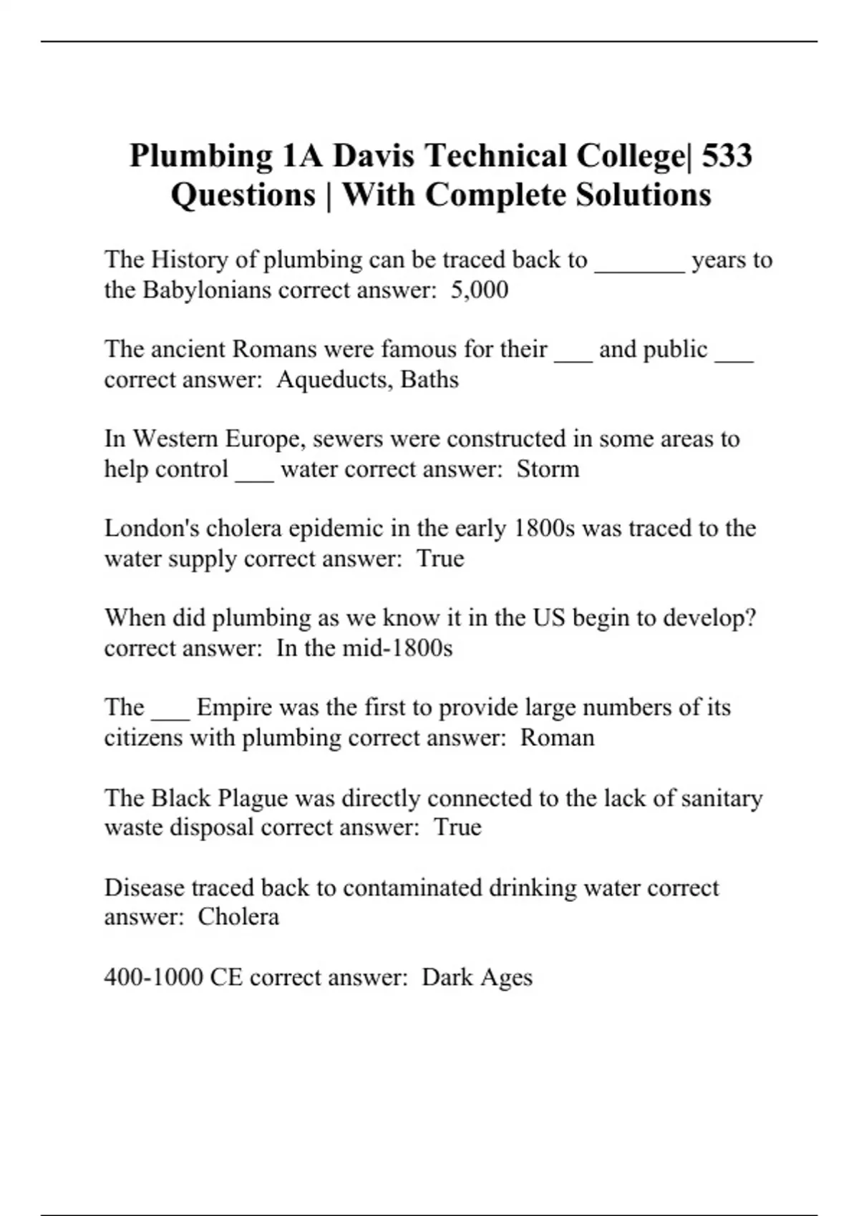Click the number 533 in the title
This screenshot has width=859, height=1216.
[x=727, y=156]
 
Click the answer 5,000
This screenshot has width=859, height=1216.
[x=480, y=290]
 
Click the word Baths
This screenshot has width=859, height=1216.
[x=429, y=379]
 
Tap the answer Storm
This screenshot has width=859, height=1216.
[x=548, y=469]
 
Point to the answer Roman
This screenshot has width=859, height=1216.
[x=557, y=737]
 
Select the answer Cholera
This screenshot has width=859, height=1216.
[x=238, y=916]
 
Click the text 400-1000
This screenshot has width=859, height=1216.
[x=153, y=977]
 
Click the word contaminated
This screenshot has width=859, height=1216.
[x=412, y=888]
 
